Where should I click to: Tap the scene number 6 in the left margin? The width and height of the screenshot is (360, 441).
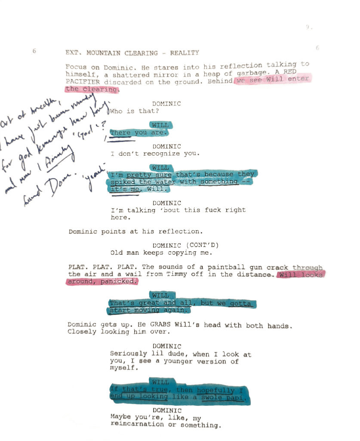point(34,51)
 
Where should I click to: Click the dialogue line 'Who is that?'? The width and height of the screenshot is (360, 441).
point(135,111)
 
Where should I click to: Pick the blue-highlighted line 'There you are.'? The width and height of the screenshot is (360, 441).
point(137,133)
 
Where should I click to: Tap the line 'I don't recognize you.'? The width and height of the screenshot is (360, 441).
point(154,154)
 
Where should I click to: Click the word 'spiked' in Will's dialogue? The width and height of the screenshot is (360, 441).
point(122,182)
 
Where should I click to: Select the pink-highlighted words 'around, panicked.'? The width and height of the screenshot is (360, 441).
point(102,282)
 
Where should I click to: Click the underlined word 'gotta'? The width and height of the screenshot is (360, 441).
point(240,303)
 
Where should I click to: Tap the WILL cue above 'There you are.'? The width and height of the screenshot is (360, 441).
point(160,125)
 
